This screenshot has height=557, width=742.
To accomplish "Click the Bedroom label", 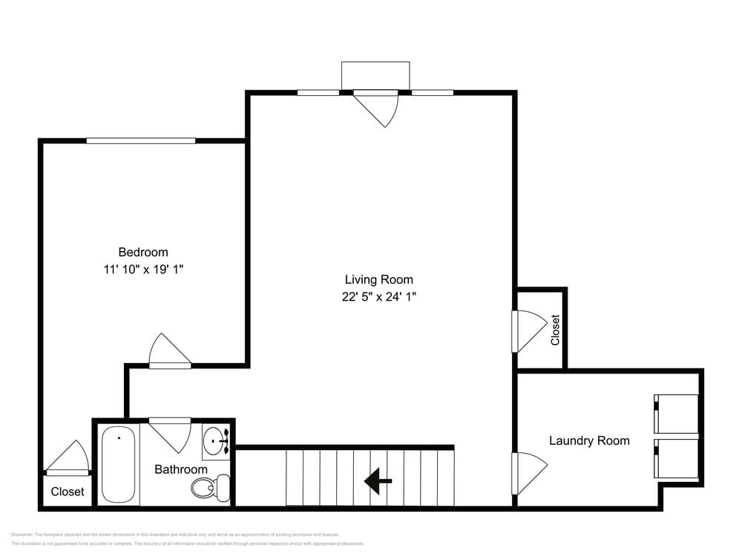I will pos(143,253).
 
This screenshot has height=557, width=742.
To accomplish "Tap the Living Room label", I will pos(378,280).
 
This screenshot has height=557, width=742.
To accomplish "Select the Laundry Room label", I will pos(589,440).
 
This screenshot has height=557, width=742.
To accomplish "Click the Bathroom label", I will pos(180,469).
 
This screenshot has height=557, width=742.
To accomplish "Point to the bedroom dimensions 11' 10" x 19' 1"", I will pos(143,270).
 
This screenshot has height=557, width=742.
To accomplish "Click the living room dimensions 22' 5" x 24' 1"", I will pos(378,297).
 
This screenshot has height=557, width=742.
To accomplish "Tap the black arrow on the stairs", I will pos(378,481).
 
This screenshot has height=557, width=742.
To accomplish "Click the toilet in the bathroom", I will pos(209,486).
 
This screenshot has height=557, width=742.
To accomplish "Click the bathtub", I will pos(119,464).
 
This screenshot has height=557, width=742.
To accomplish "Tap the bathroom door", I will pos(171,434).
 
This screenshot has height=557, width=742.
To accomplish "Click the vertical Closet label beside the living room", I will pos(555,330).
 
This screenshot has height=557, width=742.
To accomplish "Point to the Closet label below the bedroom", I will pos(68,492).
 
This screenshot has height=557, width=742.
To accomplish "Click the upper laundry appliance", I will pos(675,414).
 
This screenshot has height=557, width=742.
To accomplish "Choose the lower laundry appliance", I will pos(675,458).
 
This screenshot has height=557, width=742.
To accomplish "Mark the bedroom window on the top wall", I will pos(141,140).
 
